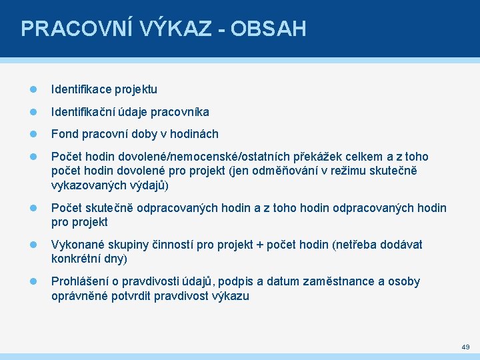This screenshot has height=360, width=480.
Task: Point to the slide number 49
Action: click(465, 347)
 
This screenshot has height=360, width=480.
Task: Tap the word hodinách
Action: click(194, 134)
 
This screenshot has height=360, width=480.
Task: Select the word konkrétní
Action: click(75, 259)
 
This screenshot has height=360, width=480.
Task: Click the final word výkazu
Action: click(231, 296)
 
